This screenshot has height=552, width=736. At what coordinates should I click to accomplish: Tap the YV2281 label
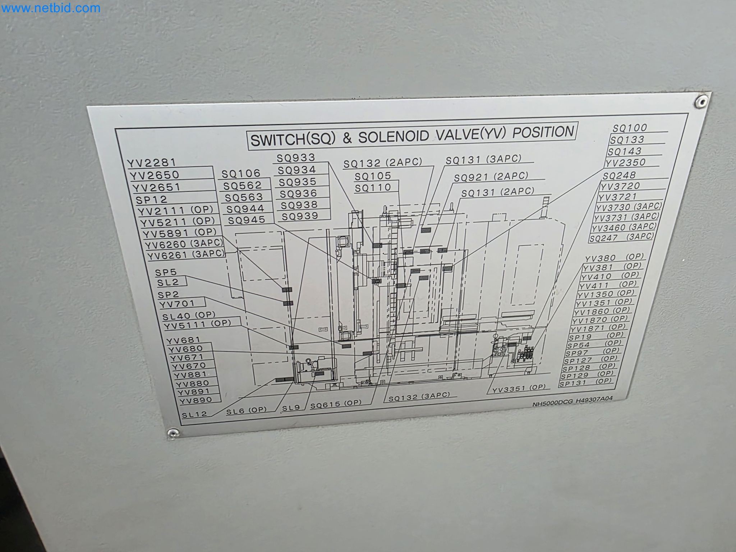click(x=151, y=163)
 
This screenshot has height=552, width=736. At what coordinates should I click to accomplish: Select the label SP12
click(x=151, y=199)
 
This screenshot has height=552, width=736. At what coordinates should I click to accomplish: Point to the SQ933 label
click(x=296, y=157)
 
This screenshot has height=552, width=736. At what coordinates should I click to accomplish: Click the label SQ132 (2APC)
click(x=383, y=163)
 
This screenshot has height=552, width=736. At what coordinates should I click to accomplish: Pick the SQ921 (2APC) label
click(x=491, y=177)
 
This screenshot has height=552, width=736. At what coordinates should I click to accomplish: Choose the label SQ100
click(x=630, y=128)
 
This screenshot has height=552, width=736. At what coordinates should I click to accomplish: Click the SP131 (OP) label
click(x=586, y=382)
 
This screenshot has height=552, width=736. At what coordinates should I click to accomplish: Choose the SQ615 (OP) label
click(x=336, y=404)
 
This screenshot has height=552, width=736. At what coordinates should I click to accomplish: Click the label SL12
click(x=194, y=414)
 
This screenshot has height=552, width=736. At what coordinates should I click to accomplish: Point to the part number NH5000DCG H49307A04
click(x=572, y=402)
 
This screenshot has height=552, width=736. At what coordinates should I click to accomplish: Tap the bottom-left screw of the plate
click(x=173, y=433)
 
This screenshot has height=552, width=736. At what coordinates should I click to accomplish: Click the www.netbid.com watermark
click(x=50, y=8)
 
